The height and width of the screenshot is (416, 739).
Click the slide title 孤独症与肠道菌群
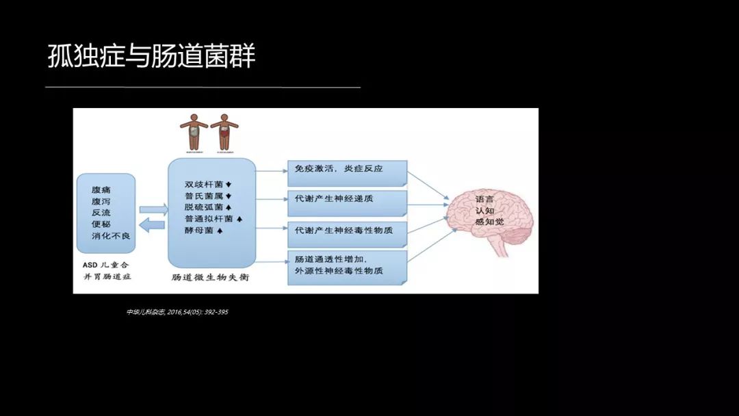click(151, 56)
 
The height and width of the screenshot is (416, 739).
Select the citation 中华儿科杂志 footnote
click(177, 312)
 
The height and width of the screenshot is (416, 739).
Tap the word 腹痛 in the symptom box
click(101, 190)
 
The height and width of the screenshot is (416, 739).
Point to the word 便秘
click(101, 224)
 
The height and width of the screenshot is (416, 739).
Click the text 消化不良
click(111, 235)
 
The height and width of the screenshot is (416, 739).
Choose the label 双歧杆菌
click(203, 184)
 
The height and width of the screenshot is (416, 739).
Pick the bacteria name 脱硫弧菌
click(203, 207)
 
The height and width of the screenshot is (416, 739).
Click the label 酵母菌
click(198, 231)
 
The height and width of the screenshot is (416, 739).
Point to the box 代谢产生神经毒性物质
click(347, 231)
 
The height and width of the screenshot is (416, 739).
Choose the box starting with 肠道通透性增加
click(347, 265)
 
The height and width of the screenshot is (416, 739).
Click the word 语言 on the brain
click(484, 199)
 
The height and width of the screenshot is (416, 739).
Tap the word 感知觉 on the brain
click(489, 221)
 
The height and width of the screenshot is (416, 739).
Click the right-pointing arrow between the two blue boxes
click(153, 210)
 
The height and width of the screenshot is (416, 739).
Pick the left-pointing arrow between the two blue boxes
click(153, 224)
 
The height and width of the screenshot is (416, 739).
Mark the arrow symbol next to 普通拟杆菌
click(240, 219)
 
